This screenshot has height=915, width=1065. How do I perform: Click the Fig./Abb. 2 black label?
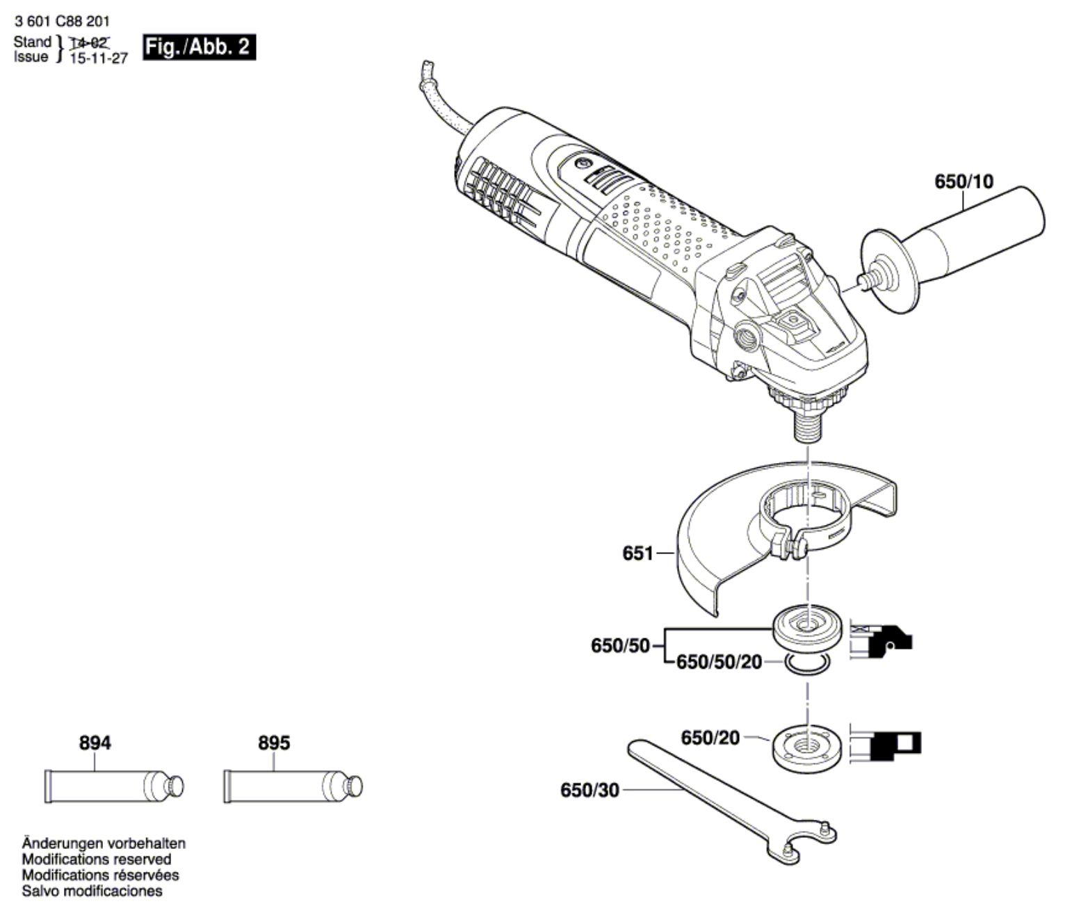tap(198, 47)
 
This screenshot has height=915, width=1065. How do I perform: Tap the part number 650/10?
tap(964, 182)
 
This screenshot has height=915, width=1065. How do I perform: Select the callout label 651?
tap(637, 553)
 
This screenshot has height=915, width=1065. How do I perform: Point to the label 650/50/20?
tap(719, 662)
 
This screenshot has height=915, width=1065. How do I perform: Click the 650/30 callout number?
tap(589, 791)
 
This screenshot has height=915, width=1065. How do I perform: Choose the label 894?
tap(95, 743)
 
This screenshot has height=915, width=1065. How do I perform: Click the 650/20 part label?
tap(710, 738)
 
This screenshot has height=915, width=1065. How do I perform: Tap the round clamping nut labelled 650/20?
tap(806, 745)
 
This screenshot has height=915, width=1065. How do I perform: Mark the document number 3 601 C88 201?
tap(61, 22)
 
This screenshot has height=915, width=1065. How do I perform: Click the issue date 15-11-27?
tap(99, 58)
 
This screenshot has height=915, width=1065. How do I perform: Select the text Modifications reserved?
tap(97, 859)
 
